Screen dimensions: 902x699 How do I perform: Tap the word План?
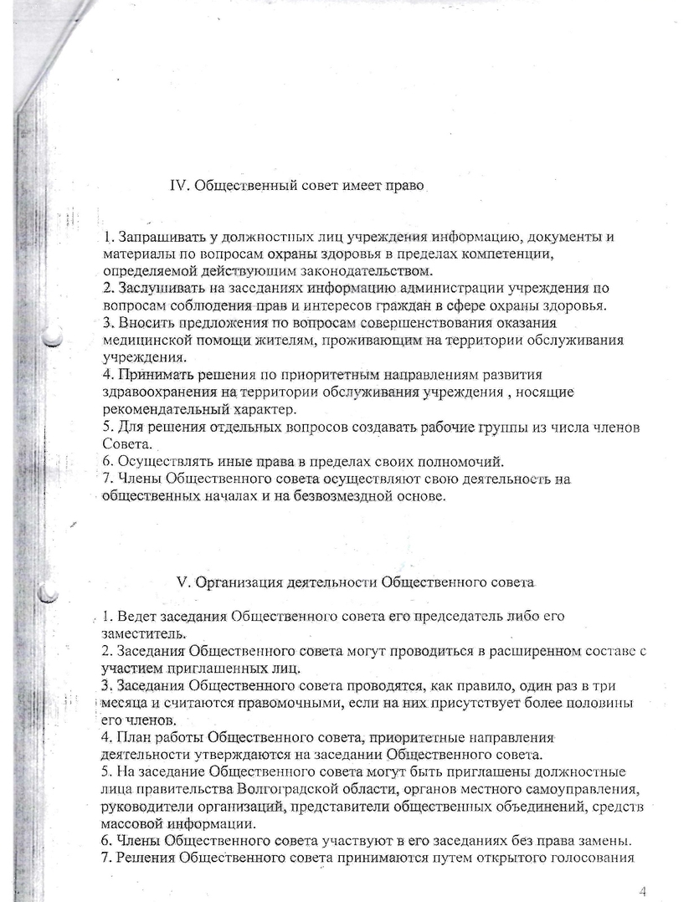pyautogui.click(x=135, y=737)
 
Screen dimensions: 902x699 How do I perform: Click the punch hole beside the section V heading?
pyautogui.click(x=50, y=592)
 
